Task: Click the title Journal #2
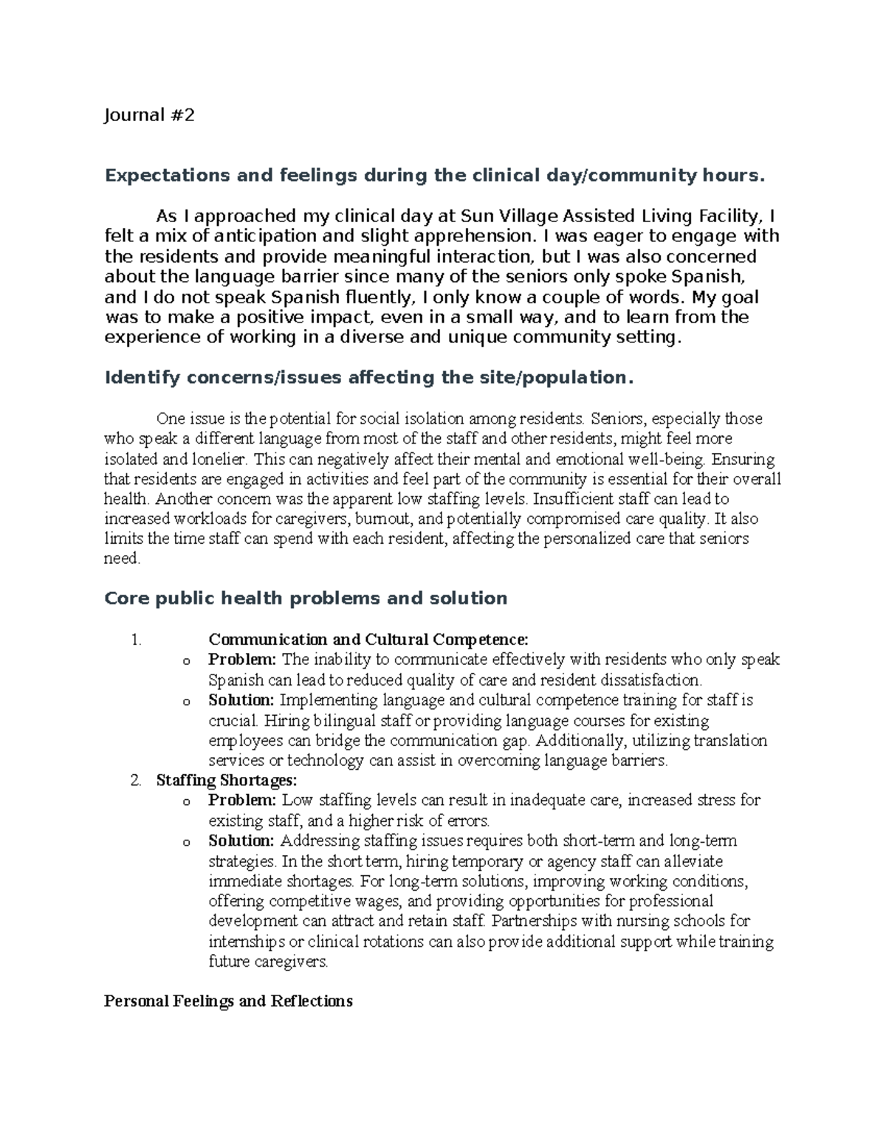[149, 115]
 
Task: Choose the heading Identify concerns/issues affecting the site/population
[369, 378]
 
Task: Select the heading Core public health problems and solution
[306, 598]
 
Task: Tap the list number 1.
[135, 640]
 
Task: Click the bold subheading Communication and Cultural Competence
[368, 640]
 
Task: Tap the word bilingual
[341, 720]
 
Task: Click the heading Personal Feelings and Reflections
[228, 1001]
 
